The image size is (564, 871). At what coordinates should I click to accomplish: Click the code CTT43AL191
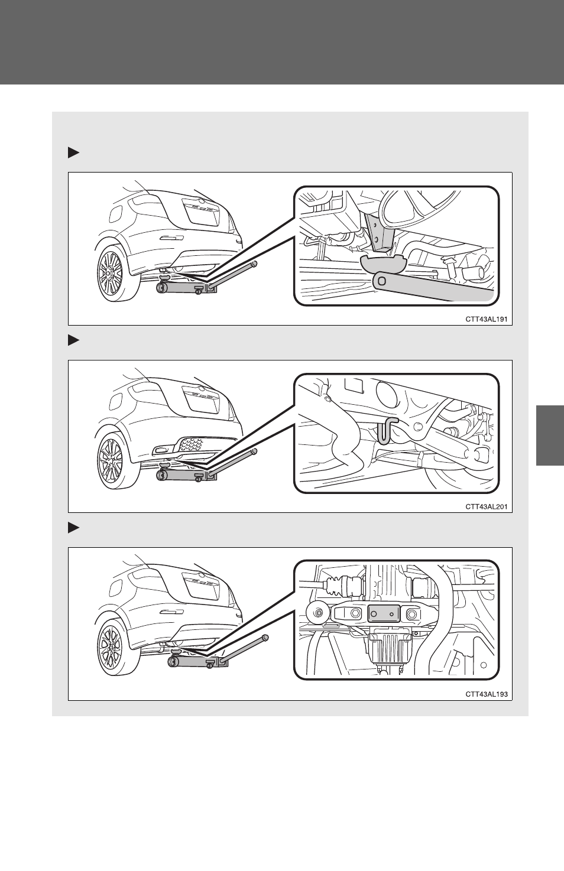coord(486,319)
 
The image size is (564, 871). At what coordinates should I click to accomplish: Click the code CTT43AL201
coord(486,506)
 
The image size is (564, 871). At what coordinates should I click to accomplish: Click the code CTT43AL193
coord(486,694)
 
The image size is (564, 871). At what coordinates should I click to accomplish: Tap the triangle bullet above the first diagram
coord(73,153)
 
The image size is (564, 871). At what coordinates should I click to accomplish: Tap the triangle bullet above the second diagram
coord(73,340)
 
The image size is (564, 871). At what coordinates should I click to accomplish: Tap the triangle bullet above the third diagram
coord(73,528)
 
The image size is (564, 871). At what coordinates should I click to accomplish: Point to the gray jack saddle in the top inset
coord(383,265)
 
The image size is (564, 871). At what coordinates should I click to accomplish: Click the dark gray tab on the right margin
coord(550,435)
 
